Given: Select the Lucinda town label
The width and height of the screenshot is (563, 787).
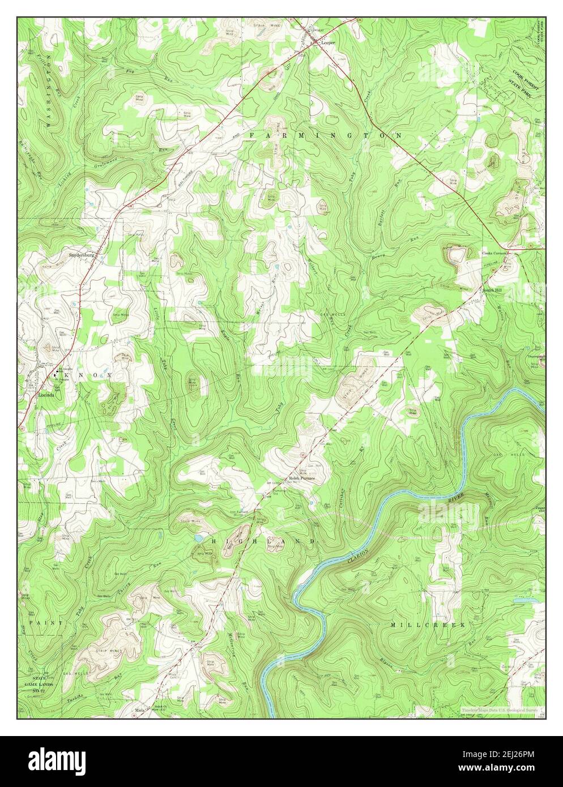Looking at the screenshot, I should [46, 395].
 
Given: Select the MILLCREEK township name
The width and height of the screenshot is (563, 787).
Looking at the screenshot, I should [428, 625].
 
